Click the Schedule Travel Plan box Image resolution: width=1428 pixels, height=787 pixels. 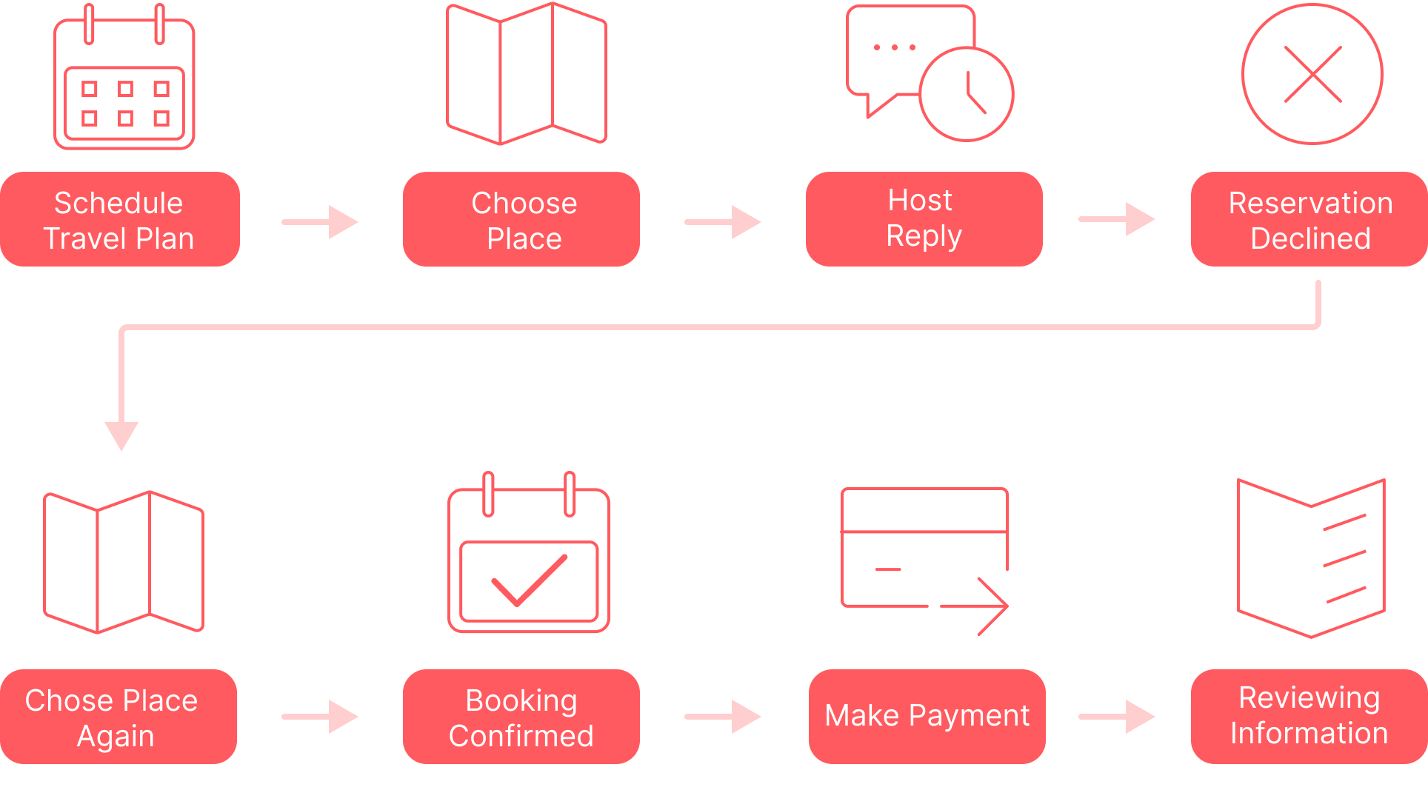(119, 219)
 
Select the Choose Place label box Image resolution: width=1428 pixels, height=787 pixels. (521, 219)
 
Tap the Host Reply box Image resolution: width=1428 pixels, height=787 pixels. (924, 218)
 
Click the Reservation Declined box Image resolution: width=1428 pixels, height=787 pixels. (1309, 219)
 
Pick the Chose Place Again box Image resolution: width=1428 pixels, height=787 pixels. (119, 717)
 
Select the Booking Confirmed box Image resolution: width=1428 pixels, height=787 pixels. (521, 717)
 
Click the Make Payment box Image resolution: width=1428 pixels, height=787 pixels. (927, 716)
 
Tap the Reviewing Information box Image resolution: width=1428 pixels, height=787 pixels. (1309, 716)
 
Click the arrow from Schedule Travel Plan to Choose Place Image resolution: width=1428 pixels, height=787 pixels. (320, 221)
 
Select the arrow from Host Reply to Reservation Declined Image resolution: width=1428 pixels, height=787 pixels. (1117, 218)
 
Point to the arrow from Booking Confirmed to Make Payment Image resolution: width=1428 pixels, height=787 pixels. (723, 716)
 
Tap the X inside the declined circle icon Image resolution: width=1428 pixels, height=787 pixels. (1312, 74)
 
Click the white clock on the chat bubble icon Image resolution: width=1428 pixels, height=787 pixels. (967, 94)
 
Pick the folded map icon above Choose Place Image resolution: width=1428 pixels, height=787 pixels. (526, 74)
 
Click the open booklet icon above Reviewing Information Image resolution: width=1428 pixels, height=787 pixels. (1311, 558)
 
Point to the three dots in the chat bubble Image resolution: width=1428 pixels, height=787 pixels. (895, 47)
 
